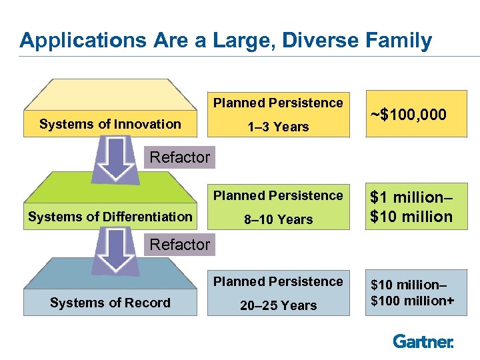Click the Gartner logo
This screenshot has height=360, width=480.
[x=423, y=341]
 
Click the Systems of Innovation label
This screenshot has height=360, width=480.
[x=110, y=124]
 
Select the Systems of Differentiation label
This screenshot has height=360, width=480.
[x=110, y=217]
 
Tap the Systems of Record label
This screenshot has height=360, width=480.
[x=110, y=303]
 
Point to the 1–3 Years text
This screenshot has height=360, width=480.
[x=278, y=127]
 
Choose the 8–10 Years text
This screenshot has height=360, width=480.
[x=278, y=219]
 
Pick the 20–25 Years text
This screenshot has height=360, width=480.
[x=278, y=305]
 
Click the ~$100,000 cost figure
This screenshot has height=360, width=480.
[x=408, y=115]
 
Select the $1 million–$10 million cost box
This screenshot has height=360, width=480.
[x=411, y=207]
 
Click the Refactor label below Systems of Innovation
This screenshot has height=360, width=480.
[x=179, y=158]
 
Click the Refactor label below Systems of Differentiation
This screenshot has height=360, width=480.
[x=179, y=245]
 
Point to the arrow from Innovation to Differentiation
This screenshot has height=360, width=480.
[x=117, y=160]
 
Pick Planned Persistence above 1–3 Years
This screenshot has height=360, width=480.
[x=278, y=103]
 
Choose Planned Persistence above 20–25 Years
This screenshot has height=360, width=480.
[x=278, y=281]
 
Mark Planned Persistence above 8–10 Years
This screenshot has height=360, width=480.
[x=278, y=195]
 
